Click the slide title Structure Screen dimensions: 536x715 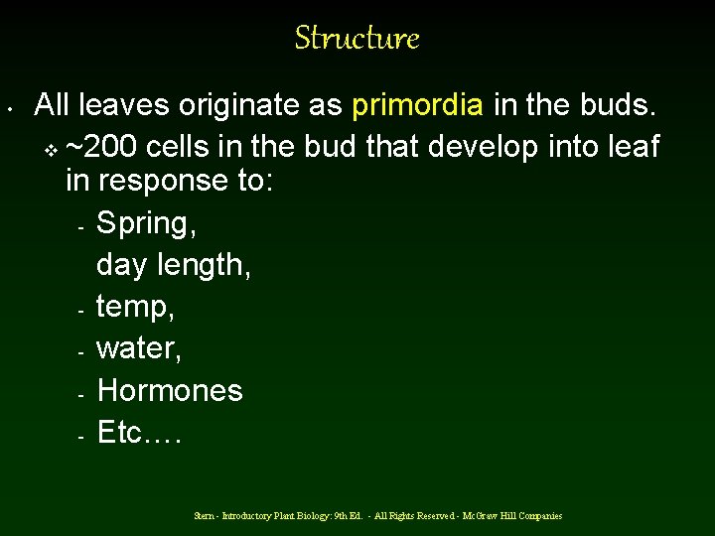click(x=357, y=39)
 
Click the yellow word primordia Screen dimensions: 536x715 click(x=418, y=105)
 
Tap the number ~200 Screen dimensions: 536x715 click(x=102, y=147)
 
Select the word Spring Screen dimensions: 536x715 click(x=145, y=224)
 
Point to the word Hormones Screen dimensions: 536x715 click(x=170, y=390)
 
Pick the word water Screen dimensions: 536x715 click(x=138, y=349)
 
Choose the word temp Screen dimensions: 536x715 click(x=135, y=308)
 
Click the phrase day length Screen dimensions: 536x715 click(x=173, y=266)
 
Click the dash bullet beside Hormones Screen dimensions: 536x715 click(x=79, y=393)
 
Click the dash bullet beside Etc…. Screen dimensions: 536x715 click(x=79, y=435)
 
